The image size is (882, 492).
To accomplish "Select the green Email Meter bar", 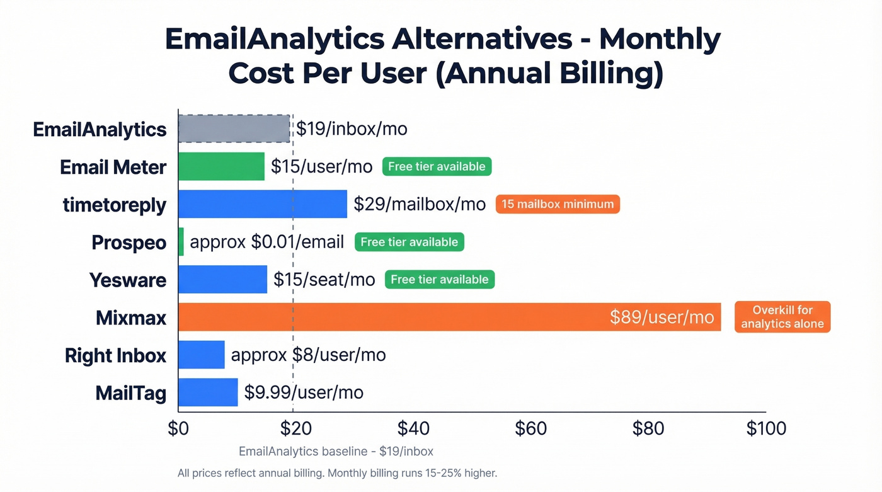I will coord(221,166).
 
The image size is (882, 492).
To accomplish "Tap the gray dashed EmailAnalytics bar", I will coord(234,129).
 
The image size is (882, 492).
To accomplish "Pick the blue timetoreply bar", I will coord(262,204).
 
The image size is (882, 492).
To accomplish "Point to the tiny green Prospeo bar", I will coord(181,242).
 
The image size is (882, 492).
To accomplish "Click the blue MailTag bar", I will coord(208,392).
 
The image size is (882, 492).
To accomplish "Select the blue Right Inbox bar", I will coord(202,355).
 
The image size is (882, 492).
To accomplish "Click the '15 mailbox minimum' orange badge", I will coord(558,204).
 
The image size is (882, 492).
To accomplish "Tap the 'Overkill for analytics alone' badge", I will coord(782,317).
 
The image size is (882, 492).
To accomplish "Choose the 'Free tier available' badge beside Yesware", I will coord(439,280).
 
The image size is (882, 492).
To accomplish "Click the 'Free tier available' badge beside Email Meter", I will coord(437,166).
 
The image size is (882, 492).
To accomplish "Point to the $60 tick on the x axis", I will coord(530,428).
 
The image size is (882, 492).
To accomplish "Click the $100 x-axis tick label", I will coord(765,428).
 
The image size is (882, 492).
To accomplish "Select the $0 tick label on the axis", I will coord(178,428).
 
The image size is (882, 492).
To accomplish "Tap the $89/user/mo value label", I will coord(661,317).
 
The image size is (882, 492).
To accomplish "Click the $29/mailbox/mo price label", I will coord(420,204).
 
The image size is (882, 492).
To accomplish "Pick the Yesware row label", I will coord(128,280).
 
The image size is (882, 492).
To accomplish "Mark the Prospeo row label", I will coord(129,242).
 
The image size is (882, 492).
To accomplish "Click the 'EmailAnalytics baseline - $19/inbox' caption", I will coord(336,451).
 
